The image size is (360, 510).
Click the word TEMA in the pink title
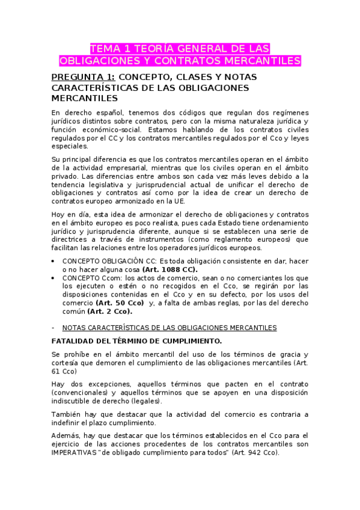tap(105, 49)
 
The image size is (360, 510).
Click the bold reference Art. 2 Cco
tap(109, 312)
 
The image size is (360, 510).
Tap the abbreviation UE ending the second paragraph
tap(179, 201)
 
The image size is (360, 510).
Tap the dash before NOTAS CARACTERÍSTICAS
tap(54, 328)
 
